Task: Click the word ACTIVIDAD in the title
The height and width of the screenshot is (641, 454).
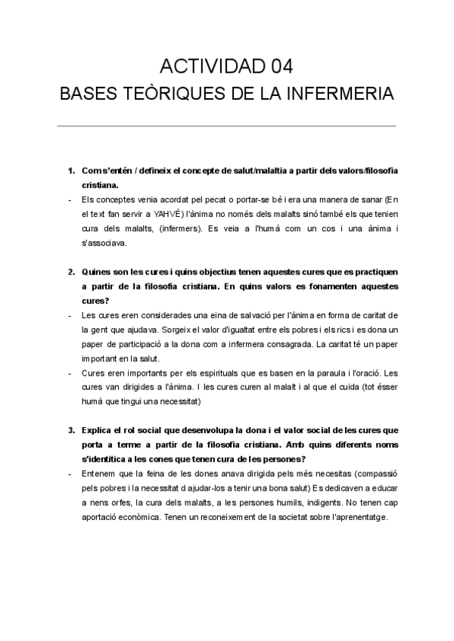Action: (x=208, y=66)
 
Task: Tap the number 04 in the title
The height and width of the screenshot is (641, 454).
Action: (x=277, y=66)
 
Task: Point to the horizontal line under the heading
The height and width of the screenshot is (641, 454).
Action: (x=227, y=125)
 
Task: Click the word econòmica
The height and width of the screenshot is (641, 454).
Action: (x=133, y=519)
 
